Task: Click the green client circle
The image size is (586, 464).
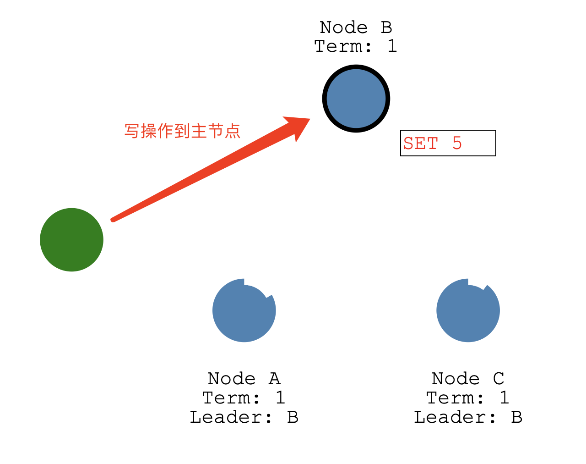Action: point(71,240)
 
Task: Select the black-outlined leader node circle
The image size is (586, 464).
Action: point(356,99)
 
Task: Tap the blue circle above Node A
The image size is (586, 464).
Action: point(244,311)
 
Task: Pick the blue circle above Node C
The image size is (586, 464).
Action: point(468,311)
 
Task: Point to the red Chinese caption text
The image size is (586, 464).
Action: point(182,131)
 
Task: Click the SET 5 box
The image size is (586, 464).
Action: point(448,143)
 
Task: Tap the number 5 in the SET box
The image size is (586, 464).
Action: point(457,143)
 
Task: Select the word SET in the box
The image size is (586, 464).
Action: point(421,144)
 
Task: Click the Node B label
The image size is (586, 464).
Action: point(356,28)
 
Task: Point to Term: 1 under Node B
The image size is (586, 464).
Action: point(356,46)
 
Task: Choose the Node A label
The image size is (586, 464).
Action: point(244,379)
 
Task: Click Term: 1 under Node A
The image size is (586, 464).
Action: point(244,398)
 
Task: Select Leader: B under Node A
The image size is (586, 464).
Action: point(244,417)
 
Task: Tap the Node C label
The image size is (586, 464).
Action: point(468,379)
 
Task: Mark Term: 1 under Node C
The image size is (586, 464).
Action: point(468,398)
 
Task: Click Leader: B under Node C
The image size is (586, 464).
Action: point(468,417)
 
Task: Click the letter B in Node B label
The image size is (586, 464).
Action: point(386,28)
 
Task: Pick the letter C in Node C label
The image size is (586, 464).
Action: point(499,379)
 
